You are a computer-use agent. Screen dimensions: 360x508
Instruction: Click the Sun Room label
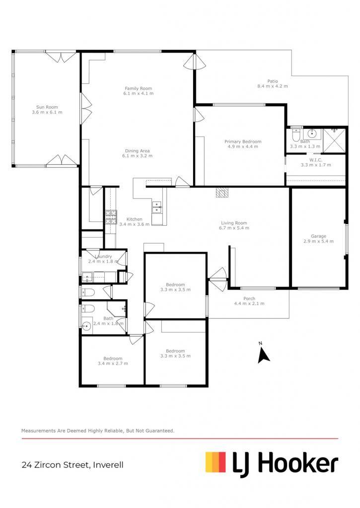point(47,107)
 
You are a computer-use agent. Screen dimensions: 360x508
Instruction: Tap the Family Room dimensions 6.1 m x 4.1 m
point(139,93)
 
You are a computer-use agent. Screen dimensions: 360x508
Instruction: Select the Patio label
point(273,81)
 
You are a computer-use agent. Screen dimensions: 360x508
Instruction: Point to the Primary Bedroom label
point(243,141)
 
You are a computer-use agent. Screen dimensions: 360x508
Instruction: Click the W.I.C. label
point(316,160)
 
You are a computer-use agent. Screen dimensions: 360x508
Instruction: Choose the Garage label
point(318,236)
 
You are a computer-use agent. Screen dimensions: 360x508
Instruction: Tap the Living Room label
point(234,223)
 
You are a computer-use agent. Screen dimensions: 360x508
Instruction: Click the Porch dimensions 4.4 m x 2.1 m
point(249,304)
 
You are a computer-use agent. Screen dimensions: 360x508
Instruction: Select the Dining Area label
point(137,151)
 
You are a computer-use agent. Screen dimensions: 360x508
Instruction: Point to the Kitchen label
point(134,219)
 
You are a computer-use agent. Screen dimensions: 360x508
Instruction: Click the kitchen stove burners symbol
point(111,217)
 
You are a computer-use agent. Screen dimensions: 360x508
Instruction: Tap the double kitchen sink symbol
point(157,207)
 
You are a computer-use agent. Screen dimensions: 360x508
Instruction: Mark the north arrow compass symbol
point(263,355)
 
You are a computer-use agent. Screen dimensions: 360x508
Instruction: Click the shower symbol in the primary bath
point(334,140)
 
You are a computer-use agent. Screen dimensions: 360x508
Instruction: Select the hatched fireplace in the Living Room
point(222,192)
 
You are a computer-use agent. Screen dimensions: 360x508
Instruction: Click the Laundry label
point(103,256)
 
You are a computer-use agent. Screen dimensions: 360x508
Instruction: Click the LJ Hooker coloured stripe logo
point(216,462)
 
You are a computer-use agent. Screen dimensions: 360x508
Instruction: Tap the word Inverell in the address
point(108,465)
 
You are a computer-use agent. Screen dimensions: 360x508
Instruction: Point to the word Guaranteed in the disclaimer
point(159,431)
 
